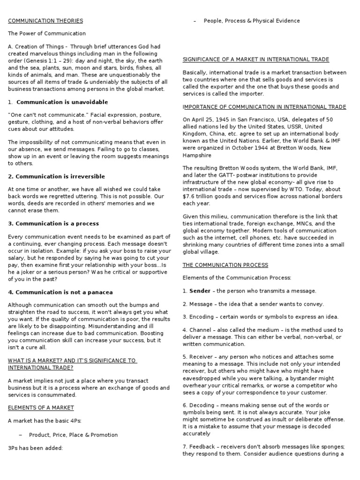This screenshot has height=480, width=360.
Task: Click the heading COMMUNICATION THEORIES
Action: (x=45, y=21)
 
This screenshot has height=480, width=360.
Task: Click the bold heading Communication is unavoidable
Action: (x=62, y=102)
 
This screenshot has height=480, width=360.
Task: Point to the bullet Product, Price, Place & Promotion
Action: (x=73, y=435)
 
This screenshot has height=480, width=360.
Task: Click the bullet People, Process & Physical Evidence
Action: (x=252, y=21)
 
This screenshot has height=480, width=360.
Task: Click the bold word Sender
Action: (x=200, y=291)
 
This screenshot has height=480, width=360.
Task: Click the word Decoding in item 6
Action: (x=203, y=405)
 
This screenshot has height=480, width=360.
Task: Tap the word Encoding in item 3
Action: (x=203, y=317)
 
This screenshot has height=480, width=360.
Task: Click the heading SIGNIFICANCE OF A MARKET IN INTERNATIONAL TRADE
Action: (x=255, y=60)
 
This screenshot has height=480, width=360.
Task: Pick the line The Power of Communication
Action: (x=47, y=34)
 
